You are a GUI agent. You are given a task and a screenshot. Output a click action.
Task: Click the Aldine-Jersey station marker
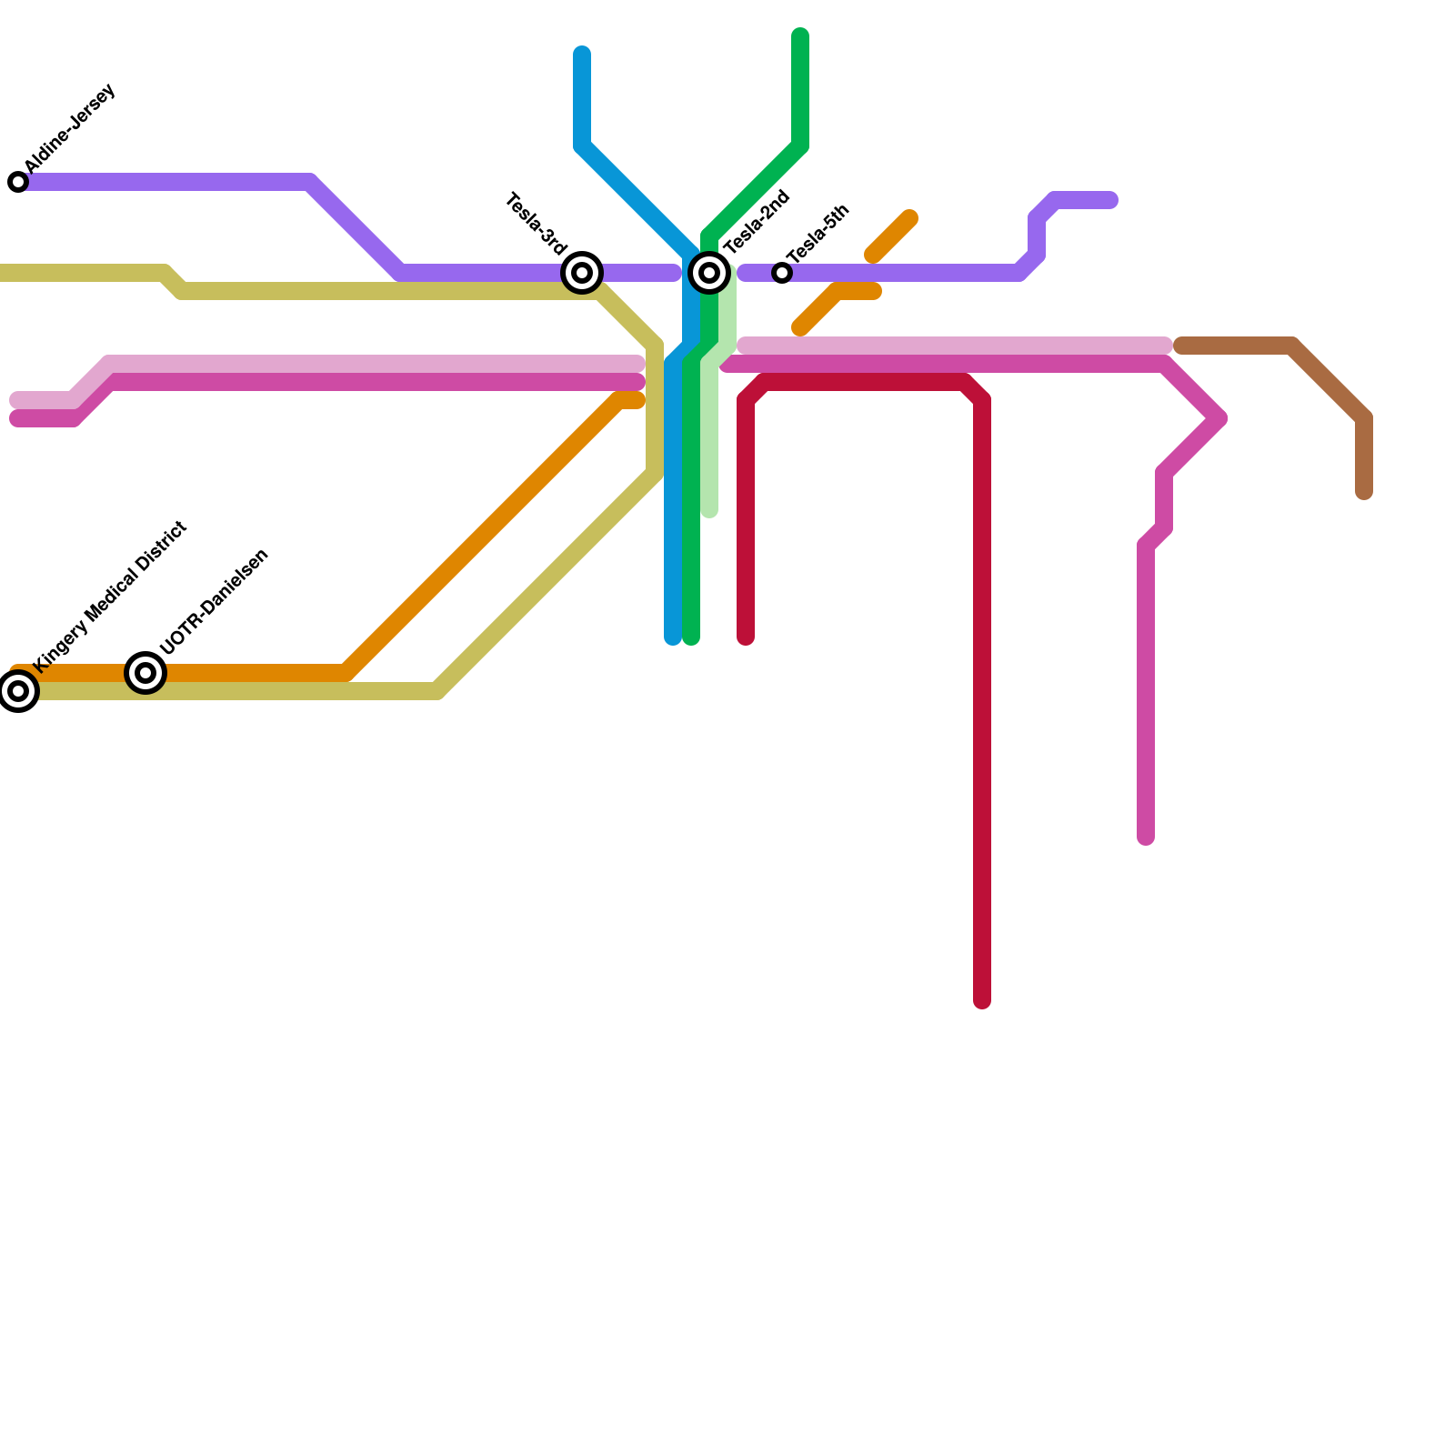coord(18,182)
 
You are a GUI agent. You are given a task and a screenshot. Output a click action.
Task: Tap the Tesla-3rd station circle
coord(582,272)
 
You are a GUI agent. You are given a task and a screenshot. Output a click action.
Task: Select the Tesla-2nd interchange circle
coord(709,272)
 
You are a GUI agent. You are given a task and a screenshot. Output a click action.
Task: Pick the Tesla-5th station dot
coord(782,273)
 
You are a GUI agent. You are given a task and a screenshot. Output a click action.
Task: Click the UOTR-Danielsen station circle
coord(145,673)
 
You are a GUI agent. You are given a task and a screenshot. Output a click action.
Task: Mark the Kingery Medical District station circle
coord(18,692)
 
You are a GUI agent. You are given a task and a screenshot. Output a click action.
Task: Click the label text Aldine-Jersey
coord(71,128)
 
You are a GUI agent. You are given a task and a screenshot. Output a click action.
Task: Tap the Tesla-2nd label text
coord(758,221)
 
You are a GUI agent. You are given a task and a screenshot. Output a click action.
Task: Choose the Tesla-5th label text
coord(818,234)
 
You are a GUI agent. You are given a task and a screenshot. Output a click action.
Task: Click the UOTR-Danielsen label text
coord(215,601)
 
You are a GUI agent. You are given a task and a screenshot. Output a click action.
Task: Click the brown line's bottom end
coord(1364,493)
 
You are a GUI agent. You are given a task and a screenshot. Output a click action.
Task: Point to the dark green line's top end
coord(800,36)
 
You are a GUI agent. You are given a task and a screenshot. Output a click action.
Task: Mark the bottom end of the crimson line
coord(982,1002)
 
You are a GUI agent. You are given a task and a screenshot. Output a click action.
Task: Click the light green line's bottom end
coord(709,512)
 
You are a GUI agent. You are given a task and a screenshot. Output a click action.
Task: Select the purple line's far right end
coord(1110,200)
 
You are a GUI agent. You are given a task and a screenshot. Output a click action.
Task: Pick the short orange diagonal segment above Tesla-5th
coord(891,236)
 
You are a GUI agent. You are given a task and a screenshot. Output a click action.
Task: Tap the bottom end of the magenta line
coord(1146,838)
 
